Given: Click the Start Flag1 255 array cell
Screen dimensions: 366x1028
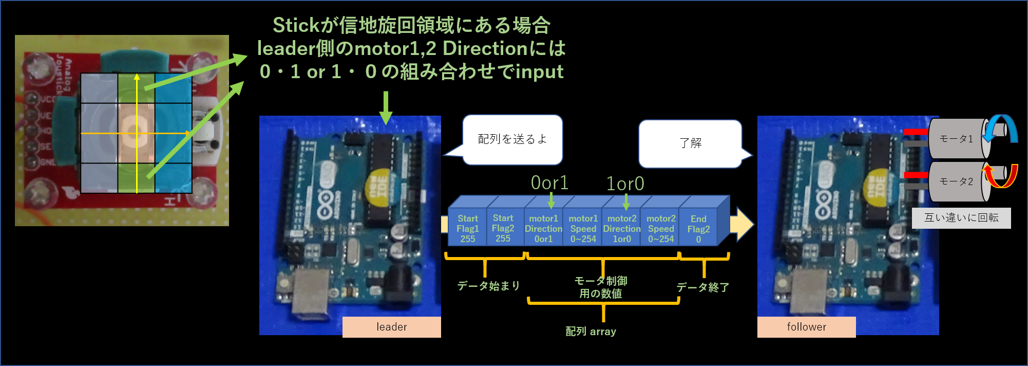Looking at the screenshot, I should tap(467, 229).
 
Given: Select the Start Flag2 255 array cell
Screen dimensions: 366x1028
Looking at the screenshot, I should tap(503, 229).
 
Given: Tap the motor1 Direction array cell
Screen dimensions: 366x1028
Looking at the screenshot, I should tap(543, 229).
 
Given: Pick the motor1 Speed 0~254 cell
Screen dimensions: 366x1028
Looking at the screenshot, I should tap(583, 229).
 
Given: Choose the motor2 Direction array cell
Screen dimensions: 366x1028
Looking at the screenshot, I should tap(621, 229).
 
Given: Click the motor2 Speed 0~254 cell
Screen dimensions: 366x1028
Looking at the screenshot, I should tap(660, 229).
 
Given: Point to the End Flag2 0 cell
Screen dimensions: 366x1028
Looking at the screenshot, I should tap(698, 229).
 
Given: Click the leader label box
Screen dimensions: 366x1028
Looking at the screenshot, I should tap(391, 327).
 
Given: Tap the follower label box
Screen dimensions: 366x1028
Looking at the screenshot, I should tap(806, 327).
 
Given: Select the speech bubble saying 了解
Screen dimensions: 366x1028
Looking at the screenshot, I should tap(690, 143).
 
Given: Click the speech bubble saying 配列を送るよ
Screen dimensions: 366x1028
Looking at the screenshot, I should tap(512, 139).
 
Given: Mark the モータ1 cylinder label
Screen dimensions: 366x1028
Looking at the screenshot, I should tap(956, 139).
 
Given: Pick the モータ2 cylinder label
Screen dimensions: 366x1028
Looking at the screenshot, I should tap(956, 181).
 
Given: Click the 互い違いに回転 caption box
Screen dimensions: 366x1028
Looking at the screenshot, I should tap(961, 218).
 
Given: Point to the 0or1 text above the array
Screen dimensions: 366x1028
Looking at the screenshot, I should tap(549, 183).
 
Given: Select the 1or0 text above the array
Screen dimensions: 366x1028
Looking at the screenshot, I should tap(625, 184).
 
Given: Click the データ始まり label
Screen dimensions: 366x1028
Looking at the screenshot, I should tap(488, 286).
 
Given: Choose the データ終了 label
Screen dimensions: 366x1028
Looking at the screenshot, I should tap(702, 287).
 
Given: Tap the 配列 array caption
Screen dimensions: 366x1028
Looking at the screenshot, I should tap(591, 332).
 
